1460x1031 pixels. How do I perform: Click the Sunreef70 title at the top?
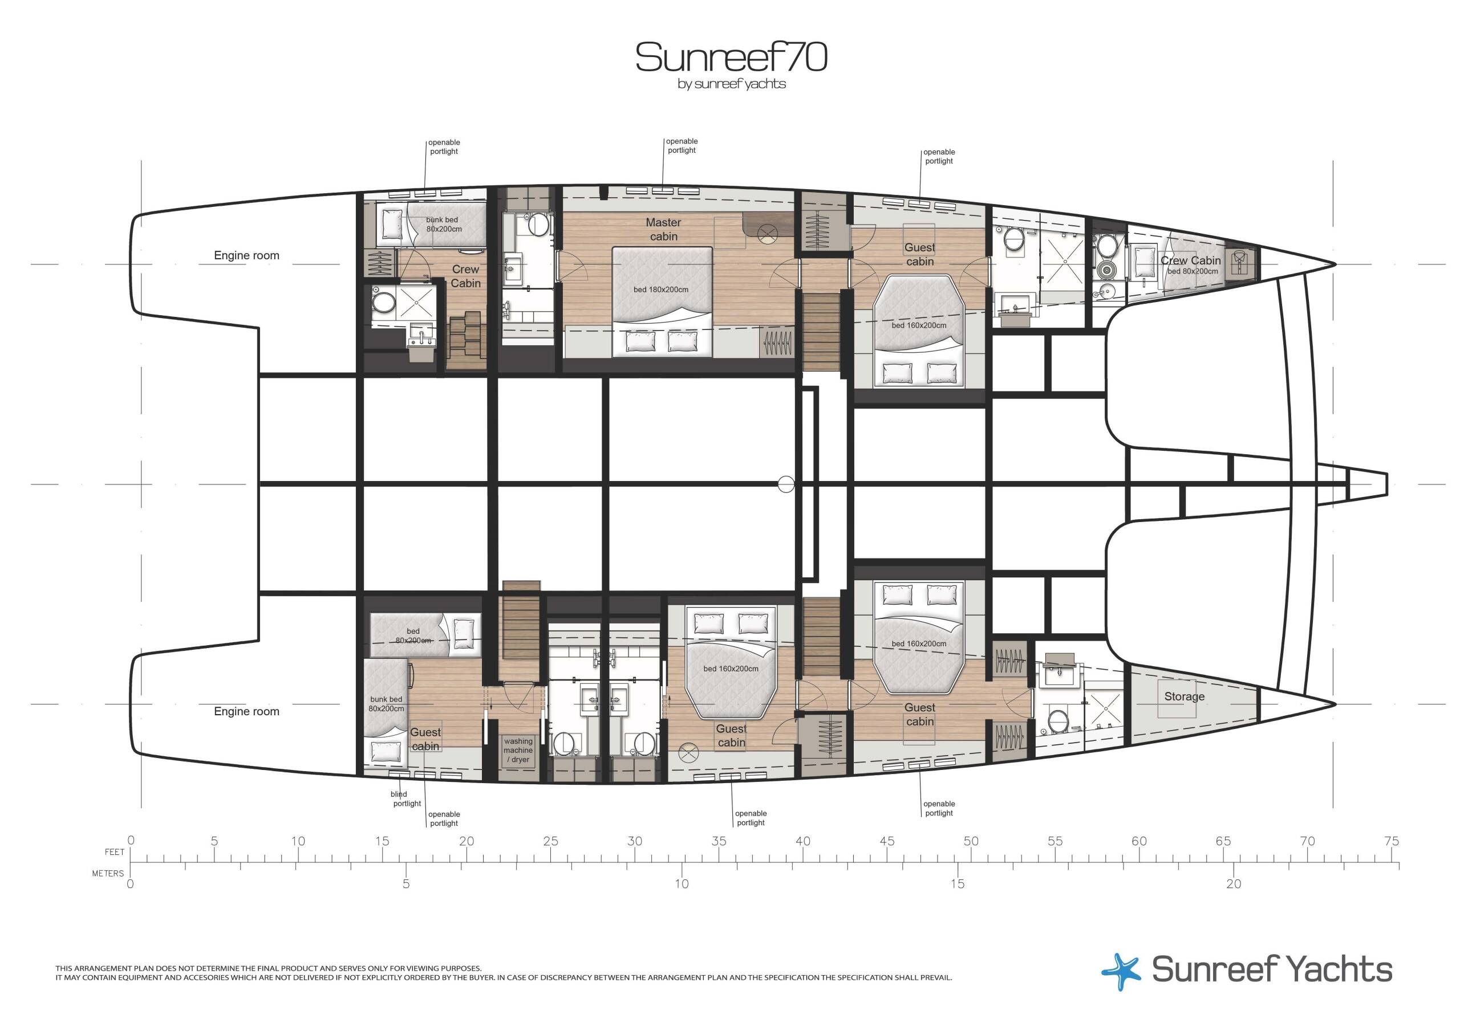pos(731,58)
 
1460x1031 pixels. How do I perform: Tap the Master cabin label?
pos(663,230)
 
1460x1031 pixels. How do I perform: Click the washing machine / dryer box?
pos(518,751)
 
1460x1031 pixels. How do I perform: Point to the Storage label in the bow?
pos(1184,696)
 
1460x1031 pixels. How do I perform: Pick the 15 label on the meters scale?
pos(957,883)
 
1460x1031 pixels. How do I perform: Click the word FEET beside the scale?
pos(115,851)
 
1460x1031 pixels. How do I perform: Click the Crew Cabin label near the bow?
pos(1190,260)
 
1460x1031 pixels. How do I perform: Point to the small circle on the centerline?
pos(786,484)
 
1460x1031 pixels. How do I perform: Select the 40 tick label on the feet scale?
pos(802,842)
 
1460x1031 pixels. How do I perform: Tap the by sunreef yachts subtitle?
pos(731,84)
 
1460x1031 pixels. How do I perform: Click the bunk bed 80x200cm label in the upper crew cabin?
pos(444,225)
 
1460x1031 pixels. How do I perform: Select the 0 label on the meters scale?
pos(131,883)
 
